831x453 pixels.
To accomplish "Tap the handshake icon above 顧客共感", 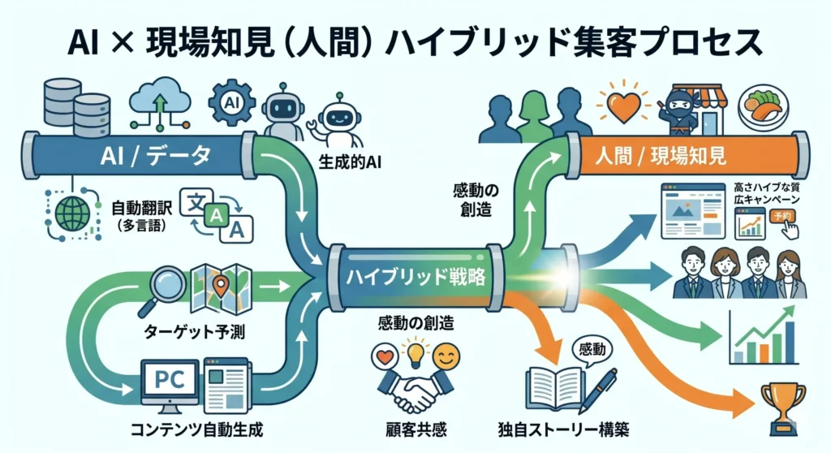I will tap(411, 395).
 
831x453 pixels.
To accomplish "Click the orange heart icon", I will tap(621, 106).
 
